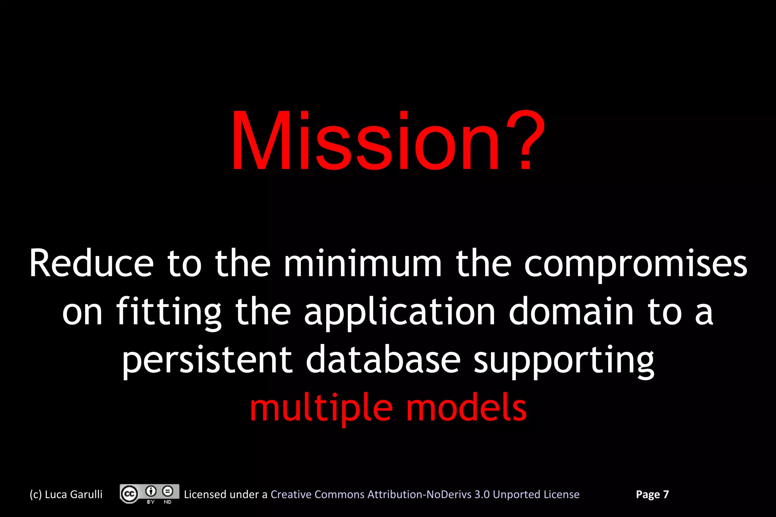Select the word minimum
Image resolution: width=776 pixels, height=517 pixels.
[x=363, y=264]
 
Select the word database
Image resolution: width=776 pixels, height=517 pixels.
[x=383, y=359]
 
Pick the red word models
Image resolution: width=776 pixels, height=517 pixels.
[x=466, y=408]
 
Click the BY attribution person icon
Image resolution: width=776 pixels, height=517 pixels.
[x=151, y=491]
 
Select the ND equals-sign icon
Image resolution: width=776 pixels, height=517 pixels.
[x=167, y=491]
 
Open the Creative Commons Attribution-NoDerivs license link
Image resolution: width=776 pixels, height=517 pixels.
[x=425, y=494]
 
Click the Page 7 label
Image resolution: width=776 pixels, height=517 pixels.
[x=652, y=494]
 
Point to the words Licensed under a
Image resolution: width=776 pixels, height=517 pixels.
[x=225, y=494]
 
